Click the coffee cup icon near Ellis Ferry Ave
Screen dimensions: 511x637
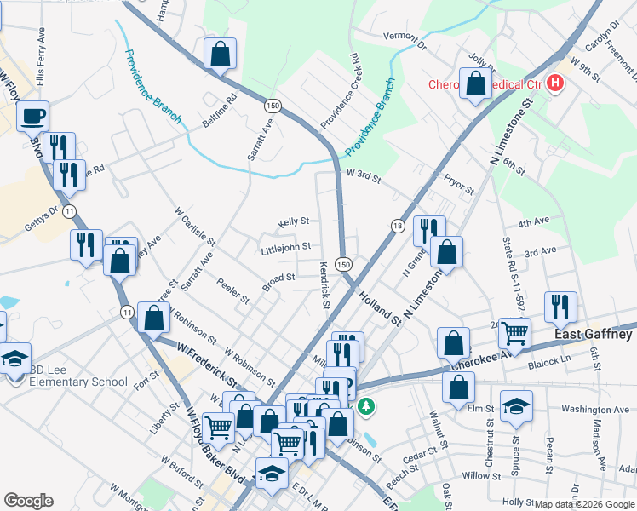pyautogui.click(x=33, y=116)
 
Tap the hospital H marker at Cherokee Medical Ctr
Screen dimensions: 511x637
pyautogui.click(x=555, y=83)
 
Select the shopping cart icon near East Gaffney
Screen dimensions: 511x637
pyautogui.click(x=514, y=332)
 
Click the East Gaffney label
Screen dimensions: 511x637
pyautogui.click(x=593, y=335)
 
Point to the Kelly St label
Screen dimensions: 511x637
pyautogui.click(x=293, y=221)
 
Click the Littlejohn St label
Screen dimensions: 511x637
pyautogui.click(x=286, y=248)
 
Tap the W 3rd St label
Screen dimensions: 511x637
pyautogui.click(x=364, y=175)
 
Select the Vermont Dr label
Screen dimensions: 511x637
pyautogui.click(x=404, y=37)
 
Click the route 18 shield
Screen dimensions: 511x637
pyautogui.click(x=397, y=225)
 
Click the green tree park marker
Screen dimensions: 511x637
pyautogui.click(x=366, y=406)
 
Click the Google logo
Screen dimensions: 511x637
pyautogui.click(x=29, y=501)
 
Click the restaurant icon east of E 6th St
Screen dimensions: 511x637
pyautogui.click(x=560, y=307)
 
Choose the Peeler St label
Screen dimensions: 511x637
pyautogui.click(x=232, y=291)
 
